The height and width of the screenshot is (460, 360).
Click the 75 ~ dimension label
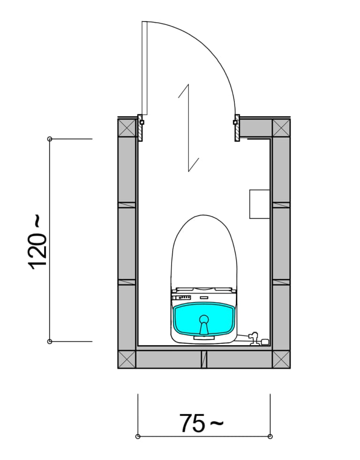tap(202, 423)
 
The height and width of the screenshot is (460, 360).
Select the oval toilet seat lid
tap(204, 252)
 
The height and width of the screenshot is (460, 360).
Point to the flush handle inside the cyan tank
tap(204, 325)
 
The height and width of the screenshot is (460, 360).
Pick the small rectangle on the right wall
tap(260, 204)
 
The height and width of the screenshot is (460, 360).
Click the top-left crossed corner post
tap(127, 128)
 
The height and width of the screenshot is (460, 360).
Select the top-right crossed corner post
tap(281, 128)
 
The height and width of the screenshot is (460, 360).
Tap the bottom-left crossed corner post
tap(127, 359)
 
